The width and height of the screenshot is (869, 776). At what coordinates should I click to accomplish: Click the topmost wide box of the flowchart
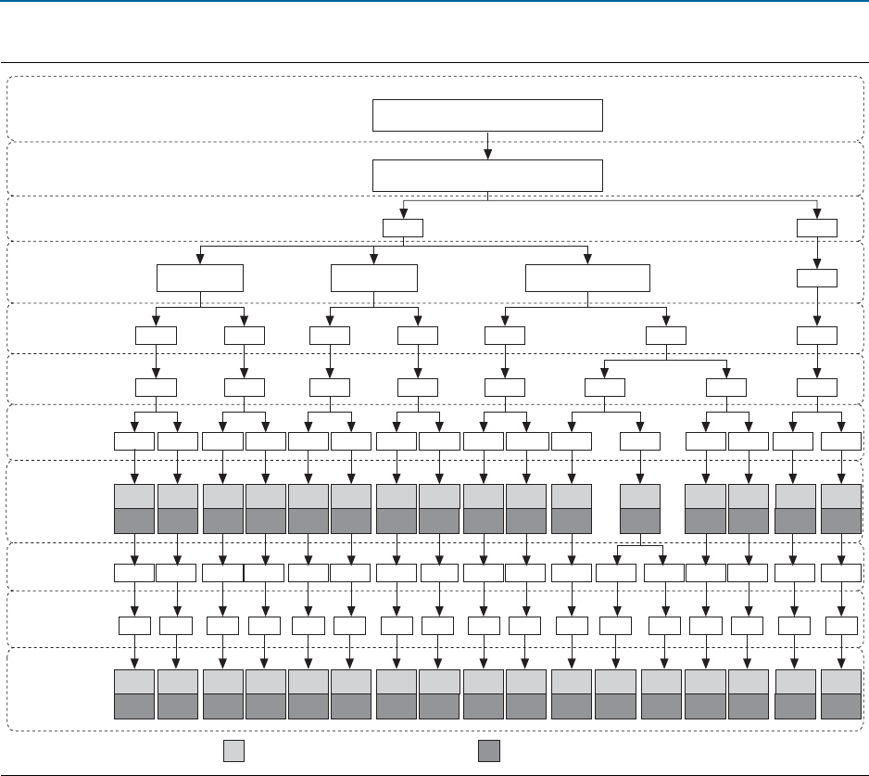pos(487,116)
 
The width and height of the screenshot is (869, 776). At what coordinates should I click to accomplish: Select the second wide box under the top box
pos(487,175)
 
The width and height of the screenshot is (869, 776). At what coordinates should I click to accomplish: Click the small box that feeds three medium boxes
pos(403,228)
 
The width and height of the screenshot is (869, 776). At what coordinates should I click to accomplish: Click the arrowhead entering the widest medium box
pos(587,259)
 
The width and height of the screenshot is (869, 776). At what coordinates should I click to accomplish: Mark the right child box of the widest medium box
pos(666,336)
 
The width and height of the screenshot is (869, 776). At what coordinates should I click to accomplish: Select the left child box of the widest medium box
pos(505,336)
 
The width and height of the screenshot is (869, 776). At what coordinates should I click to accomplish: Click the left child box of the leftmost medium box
pos(156,336)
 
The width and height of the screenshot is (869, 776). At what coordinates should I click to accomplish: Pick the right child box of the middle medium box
pos(418,336)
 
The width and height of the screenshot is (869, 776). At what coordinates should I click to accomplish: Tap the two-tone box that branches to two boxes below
pos(640,508)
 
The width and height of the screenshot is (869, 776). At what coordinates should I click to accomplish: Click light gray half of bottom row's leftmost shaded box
pos(134,681)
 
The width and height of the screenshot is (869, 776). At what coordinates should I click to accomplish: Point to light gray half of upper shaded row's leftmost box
pos(134,496)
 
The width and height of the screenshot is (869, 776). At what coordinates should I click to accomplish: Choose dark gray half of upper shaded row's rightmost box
pos(840,521)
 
